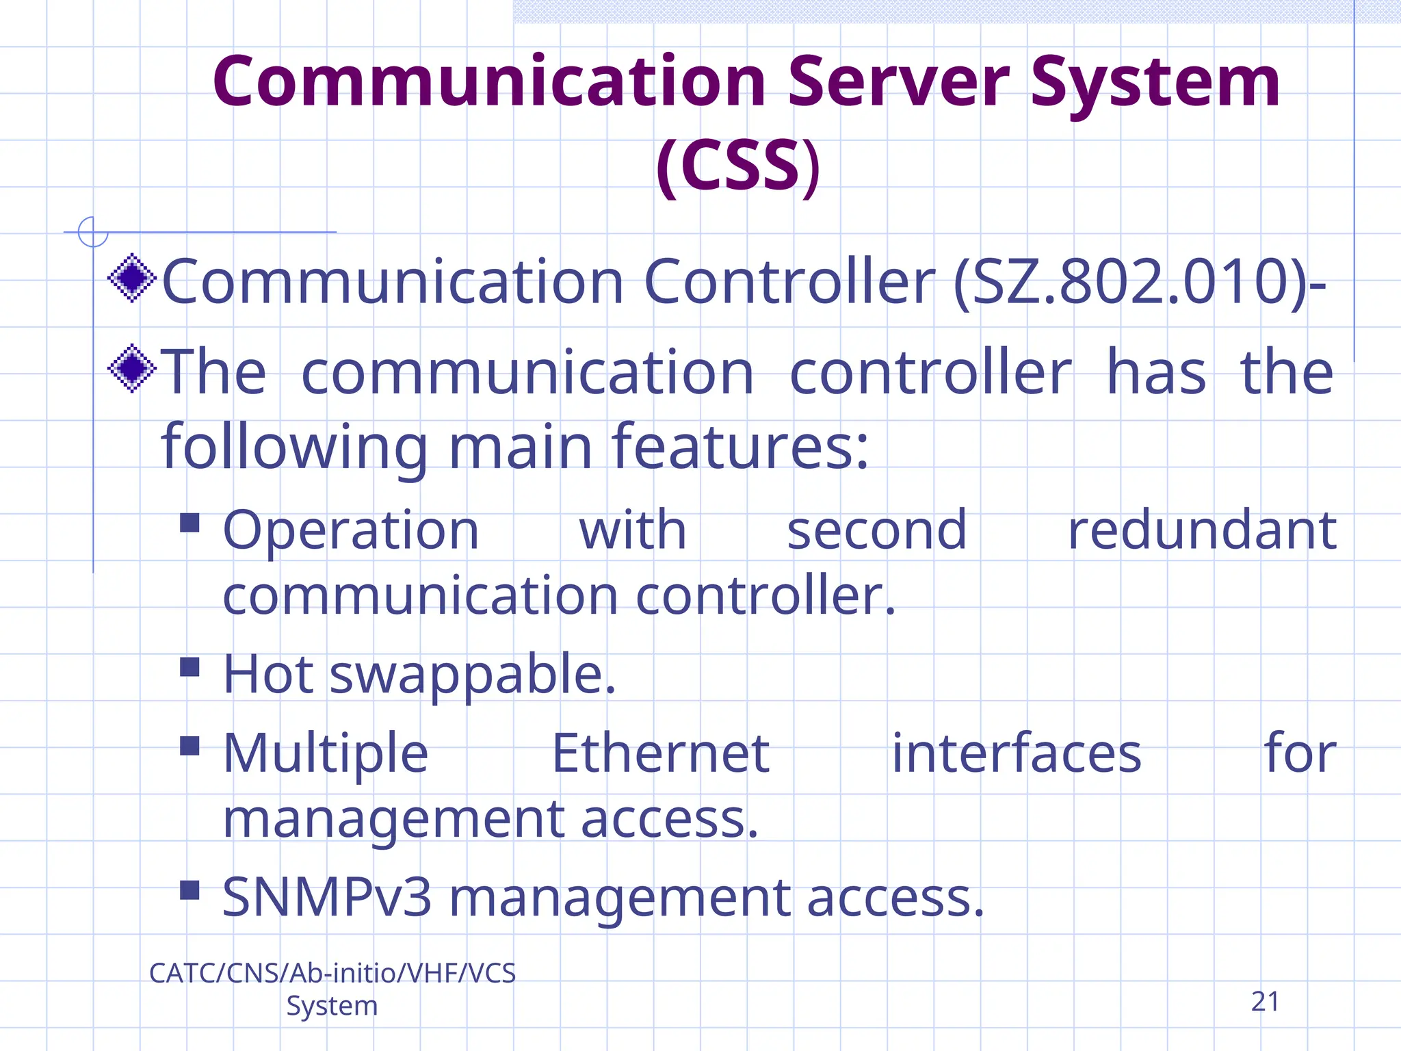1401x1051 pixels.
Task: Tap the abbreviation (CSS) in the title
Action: (737, 166)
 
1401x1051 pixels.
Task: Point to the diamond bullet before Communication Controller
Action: (132, 278)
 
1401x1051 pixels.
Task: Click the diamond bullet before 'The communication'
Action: (132, 368)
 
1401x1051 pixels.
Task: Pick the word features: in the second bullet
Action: (740, 447)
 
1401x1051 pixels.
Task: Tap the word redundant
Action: (1202, 530)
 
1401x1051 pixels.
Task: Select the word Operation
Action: (351, 530)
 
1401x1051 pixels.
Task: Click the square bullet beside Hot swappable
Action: (189, 666)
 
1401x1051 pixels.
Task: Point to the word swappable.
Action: (473, 675)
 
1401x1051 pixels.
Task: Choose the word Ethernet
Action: (661, 753)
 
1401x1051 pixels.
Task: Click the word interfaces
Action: (1017, 753)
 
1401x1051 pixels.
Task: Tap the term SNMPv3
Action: (327, 897)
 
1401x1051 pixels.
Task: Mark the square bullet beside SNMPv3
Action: (189, 890)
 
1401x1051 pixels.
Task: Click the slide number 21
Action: (1265, 1002)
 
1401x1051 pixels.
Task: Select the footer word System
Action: (332, 1006)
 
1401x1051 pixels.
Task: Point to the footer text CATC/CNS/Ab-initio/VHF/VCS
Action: (332, 973)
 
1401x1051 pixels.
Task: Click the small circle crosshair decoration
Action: (93, 232)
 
